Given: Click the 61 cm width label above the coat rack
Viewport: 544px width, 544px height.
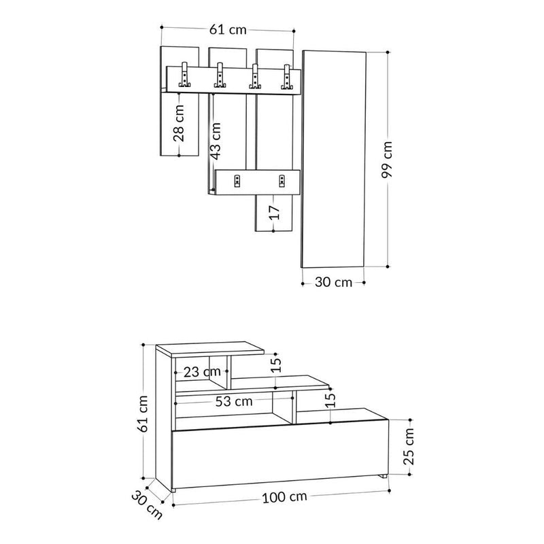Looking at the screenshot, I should pyautogui.click(x=227, y=29).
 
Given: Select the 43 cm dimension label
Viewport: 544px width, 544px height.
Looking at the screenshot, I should pyautogui.click(x=215, y=141).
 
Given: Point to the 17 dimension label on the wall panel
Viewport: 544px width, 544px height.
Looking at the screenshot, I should pyautogui.click(x=273, y=213).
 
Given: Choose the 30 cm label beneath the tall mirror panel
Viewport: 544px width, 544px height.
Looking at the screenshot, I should pyautogui.click(x=333, y=282).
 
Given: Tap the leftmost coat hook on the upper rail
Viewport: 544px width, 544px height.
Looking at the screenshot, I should pyautogui.click(x=184, y=76).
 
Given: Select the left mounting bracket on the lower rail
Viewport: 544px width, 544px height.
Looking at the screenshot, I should pyautogui.click(x=237, y=180).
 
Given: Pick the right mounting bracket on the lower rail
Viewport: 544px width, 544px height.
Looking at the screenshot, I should pyautogui.click(x=280, y=180).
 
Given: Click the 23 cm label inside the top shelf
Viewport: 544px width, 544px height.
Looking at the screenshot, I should pyautogui.click(x=201, y=371).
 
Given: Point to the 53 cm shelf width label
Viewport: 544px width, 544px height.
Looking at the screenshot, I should pyautogui.click(x=234, y=401).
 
